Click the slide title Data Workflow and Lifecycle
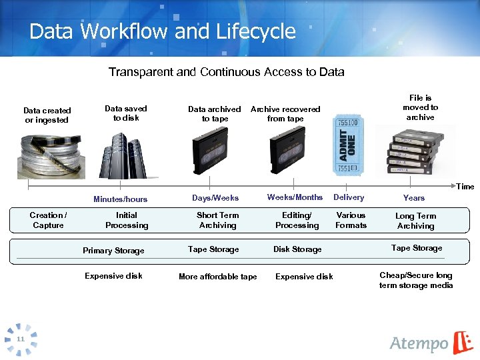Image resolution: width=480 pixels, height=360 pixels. click(x=163, y=31)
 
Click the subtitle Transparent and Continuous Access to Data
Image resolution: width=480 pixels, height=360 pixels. click(x=226, y=71)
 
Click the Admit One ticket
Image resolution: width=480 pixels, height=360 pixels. click(x=349, y=148)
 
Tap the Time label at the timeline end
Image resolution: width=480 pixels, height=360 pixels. click(x=465, y=187)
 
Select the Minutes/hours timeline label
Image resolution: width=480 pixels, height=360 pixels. click(x=120, y=199)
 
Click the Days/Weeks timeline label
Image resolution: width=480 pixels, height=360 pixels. click(x=215, y=198)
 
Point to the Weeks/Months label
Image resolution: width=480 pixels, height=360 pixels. click(x=295, y=197)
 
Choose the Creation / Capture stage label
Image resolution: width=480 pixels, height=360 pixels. click(x=48, y=220)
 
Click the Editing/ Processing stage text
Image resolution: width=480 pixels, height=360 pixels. click(x=297, y=220)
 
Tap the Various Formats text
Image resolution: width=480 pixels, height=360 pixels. click(x=351, y=220)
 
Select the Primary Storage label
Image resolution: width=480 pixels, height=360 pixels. click(x=113, y=251)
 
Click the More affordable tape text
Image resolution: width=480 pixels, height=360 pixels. click(x=217, y=277)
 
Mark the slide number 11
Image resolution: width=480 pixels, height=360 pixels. click(x=21, y=339)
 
